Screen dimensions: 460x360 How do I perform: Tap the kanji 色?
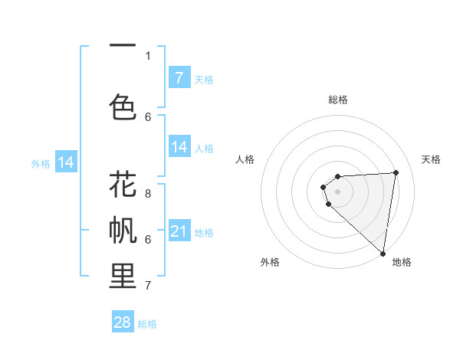click(123, 106)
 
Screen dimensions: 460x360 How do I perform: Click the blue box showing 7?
click(179, 78)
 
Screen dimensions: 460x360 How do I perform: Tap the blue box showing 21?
click(179, 231)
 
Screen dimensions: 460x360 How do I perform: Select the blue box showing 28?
click(123, 322)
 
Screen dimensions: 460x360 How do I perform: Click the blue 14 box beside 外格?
click(66, 162)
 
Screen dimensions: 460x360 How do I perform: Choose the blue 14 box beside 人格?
click(179, 147)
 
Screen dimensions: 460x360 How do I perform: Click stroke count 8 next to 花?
click(149, 193)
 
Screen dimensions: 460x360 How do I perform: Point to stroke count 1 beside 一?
click(149, 55)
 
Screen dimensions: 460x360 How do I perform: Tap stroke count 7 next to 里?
click(149, 285)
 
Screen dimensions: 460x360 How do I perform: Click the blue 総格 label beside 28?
click(147, 324)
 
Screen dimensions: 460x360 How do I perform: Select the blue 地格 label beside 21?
click(204, 232)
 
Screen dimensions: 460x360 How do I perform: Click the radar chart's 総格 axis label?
click(337, 100)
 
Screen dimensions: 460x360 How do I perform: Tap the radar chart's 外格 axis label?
click(270, 262)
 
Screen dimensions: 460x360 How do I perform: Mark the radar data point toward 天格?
click(396, 172)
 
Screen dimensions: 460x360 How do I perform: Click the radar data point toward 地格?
click(383, 254)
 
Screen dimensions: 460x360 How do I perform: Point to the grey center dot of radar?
click(337, 190)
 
